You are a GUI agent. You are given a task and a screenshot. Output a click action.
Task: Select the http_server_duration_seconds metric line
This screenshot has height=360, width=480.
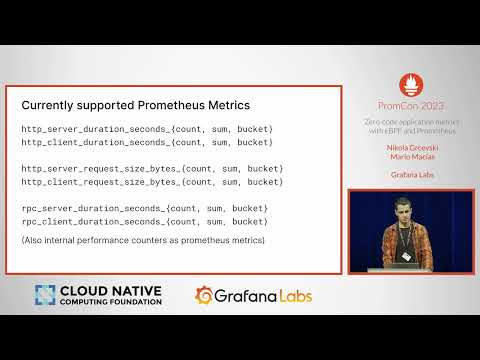(x=147, y=129)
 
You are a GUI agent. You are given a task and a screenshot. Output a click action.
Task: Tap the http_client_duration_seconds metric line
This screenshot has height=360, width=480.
(x=147, y=142)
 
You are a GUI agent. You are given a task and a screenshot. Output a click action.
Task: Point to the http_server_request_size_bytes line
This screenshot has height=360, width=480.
(x=152, y=168)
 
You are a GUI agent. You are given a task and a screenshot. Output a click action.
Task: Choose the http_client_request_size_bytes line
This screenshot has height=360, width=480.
(x=152, y=181)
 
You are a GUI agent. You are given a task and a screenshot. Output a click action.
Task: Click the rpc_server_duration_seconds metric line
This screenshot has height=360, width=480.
(x=144, y=207)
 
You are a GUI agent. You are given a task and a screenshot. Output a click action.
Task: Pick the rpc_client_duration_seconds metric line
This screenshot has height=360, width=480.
(x=144, y=220)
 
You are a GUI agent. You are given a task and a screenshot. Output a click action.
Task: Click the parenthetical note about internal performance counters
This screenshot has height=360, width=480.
(x=142, y=241)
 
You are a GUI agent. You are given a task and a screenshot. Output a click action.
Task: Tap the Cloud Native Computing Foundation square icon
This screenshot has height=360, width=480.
(x=45, y=296)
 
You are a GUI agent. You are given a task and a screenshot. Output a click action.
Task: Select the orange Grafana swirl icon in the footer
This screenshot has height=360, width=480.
(x=204, y=296)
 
